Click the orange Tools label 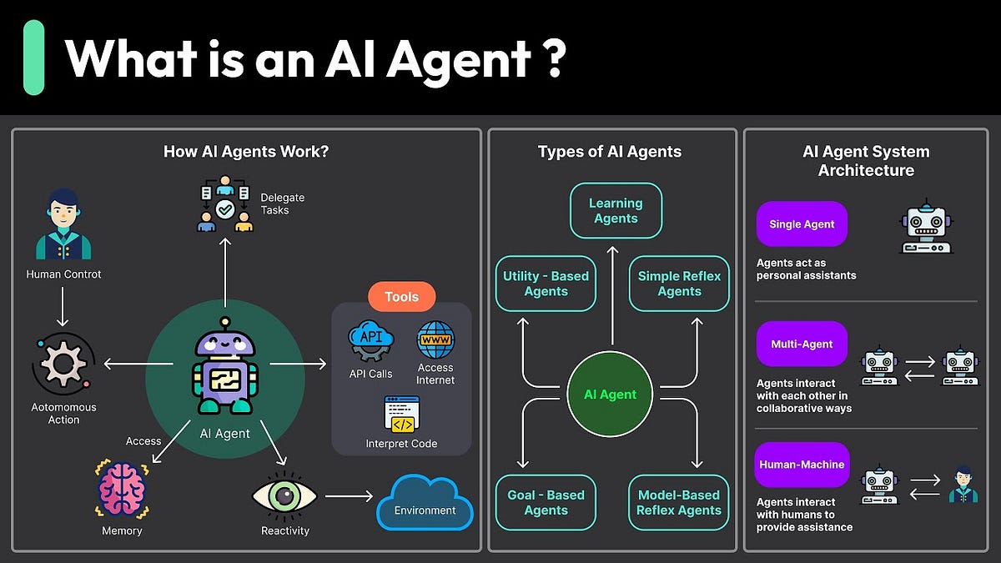[401, 296]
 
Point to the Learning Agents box [616, 211]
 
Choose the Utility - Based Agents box [546, 284]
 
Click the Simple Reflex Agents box [679, 284]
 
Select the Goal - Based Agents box [546, 502]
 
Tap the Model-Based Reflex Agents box [679, 502]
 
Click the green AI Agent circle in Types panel [610, 395]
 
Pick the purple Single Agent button [802, 224]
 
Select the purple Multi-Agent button [802, 344]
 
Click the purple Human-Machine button [802, 465]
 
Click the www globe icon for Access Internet [435, 340]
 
